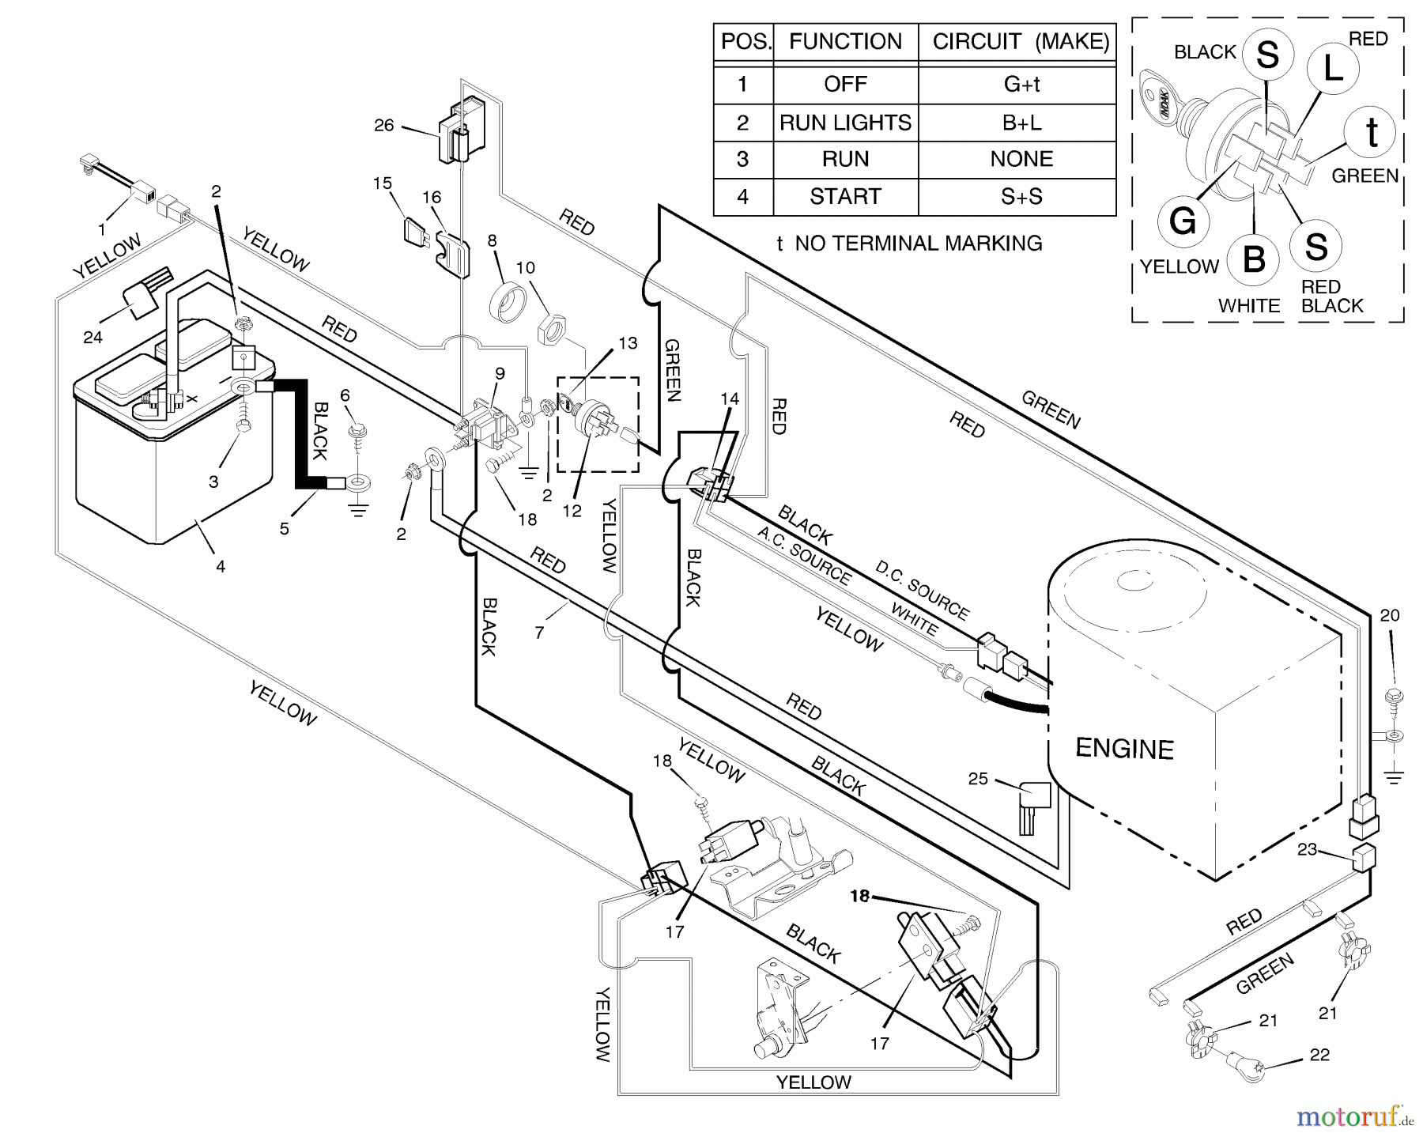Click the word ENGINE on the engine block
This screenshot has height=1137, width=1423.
click(x=1124, y=748)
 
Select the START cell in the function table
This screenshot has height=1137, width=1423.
click(x=845, y=196)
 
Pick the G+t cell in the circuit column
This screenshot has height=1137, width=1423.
click(x=1021, y=84)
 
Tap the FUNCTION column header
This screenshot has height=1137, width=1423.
click(x=845, y=41)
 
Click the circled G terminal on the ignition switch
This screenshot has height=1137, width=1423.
click(x=1183, y=221)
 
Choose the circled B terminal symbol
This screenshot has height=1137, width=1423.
click(x=1254, y=259)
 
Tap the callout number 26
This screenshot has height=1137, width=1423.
click(x=383, y=125)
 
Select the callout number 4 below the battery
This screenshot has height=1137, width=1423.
click(x=221, y=566)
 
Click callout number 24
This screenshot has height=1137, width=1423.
click(x=92, y=338)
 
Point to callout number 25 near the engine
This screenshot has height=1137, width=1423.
click(x=978, y=779)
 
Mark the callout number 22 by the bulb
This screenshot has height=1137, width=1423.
click(x=1319, y=1055)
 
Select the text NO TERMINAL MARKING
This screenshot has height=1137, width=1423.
click(x=919, y=244)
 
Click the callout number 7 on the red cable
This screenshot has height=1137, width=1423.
click(x=539, y=633)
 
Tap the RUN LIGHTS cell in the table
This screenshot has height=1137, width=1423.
click(x=845, y=123)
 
